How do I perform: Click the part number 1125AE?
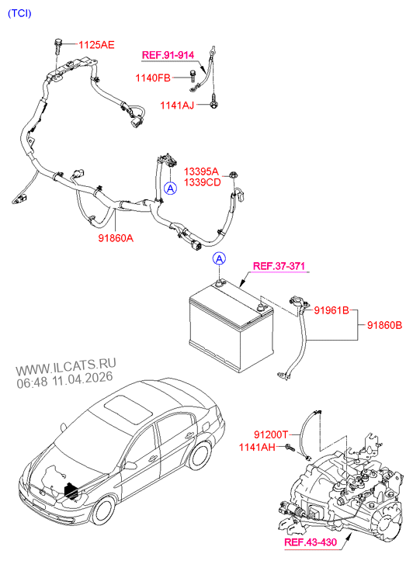pos(95,46)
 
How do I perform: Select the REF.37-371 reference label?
pos(279,267)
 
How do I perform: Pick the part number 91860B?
pos(384,325)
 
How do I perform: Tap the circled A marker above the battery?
pos(220,258)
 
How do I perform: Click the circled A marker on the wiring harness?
pos(168,189)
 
